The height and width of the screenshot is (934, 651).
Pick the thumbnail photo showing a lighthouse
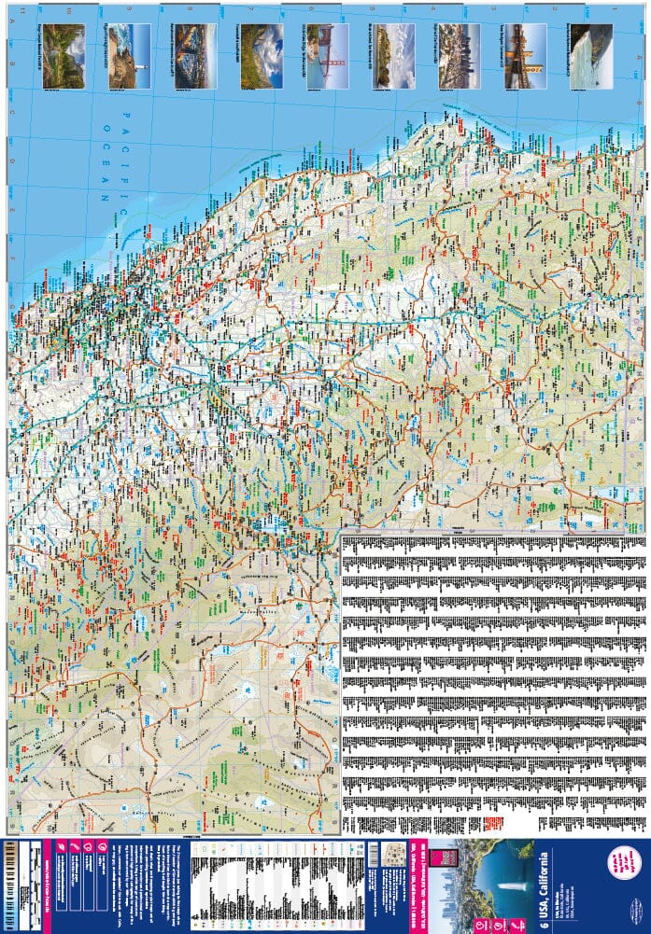pyautogui.click(x=129, y=56)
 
